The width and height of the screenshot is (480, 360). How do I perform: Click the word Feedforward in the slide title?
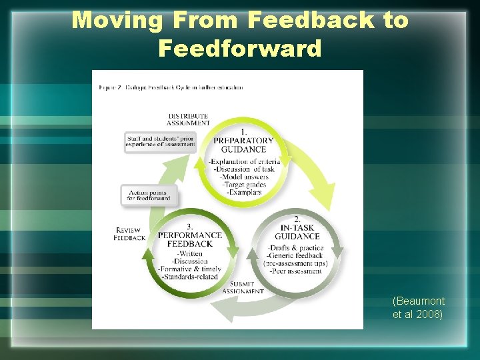(x=240, y=48)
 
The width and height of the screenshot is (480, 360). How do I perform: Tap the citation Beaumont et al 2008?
(x=419, y=307)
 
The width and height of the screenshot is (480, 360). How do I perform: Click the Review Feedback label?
(x=129, y=233)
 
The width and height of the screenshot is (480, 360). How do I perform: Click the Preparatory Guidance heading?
(x=243, y=145)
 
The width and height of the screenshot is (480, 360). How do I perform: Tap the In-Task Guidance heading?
(x=297, y=231)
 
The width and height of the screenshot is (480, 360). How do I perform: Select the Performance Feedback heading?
(x=189, y=239)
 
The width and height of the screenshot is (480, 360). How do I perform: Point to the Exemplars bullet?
(x=244, y=192)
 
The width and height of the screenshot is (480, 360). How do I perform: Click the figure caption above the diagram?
(x=171, y=87)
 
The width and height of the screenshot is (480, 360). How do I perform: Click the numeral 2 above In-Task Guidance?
(x=297, y=219)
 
